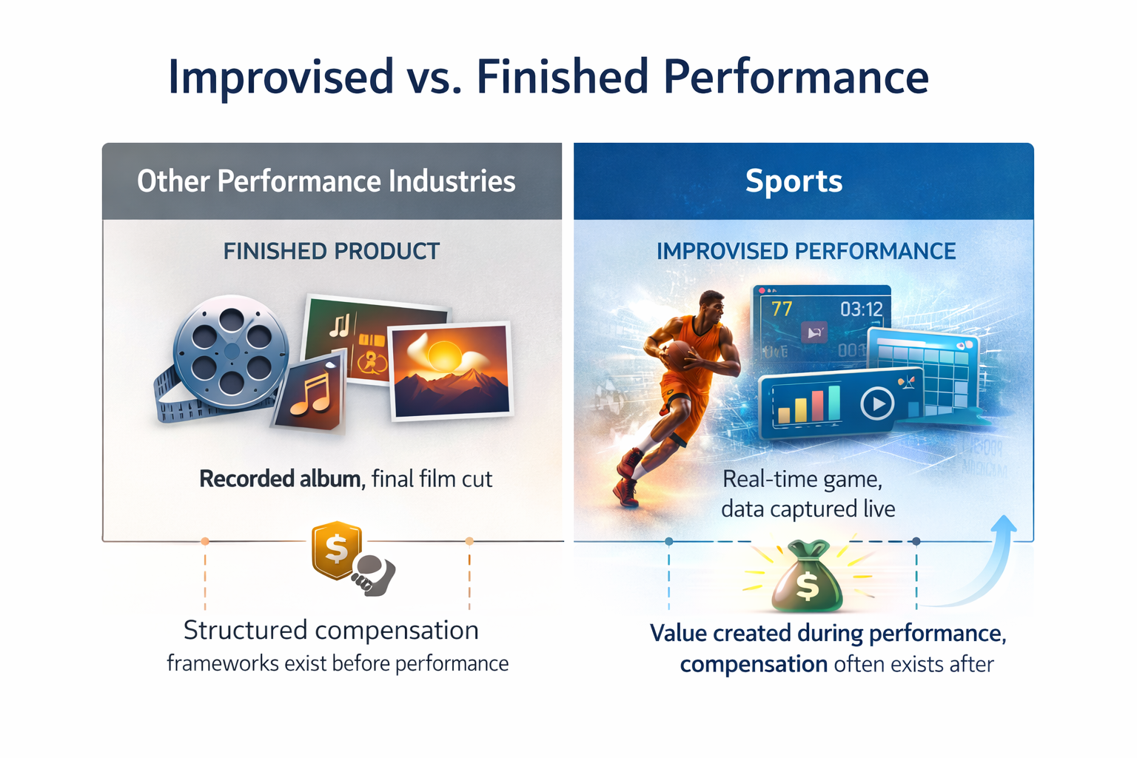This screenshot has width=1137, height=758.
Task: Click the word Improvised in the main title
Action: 281,76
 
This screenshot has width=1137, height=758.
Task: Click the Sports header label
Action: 794,181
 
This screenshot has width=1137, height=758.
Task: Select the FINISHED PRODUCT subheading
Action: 332,252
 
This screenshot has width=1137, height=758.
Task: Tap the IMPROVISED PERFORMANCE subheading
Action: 805,252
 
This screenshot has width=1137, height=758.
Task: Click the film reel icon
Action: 231,351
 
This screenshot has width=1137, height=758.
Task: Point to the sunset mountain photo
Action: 451,370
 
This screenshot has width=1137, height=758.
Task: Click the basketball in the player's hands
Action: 678,355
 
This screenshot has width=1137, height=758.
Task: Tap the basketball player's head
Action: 712,304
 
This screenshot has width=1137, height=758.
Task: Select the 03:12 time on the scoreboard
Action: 861,309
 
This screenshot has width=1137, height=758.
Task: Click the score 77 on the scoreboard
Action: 782,309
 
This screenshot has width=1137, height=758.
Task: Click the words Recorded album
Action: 280,479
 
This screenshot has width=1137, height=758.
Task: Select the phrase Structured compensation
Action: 331,631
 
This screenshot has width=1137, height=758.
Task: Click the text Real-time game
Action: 802,479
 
